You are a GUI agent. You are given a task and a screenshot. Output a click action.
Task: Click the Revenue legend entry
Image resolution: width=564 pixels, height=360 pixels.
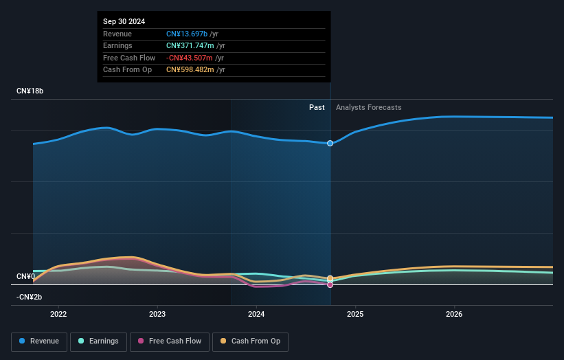[x=39, y=341]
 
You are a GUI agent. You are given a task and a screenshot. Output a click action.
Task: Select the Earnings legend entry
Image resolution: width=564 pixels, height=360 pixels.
[x=98, y=341]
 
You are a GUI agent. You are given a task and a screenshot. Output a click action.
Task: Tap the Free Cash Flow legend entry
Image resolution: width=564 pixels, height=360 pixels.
[x=168, y=341]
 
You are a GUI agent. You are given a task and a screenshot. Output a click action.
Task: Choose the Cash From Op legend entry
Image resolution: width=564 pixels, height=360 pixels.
[x=251, y=341]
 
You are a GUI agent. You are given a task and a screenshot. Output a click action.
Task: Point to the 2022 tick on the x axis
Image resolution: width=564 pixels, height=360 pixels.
[x=58, y=315]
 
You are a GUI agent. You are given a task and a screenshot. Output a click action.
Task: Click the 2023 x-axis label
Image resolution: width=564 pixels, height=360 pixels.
[x=157, y=315]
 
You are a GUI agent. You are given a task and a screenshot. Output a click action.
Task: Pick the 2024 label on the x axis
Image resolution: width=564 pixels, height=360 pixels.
[x=256, y=315]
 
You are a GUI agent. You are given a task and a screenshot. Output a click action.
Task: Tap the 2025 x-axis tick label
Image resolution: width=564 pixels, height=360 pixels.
[x=355, y=315]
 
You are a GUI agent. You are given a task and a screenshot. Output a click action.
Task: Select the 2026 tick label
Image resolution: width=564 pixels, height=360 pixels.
[x=454, y=315]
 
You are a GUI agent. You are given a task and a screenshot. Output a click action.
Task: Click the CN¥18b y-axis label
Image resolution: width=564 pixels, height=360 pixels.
[x=30, y=91]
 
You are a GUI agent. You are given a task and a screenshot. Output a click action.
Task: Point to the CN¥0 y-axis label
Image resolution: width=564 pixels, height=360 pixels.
[x=25, y=276]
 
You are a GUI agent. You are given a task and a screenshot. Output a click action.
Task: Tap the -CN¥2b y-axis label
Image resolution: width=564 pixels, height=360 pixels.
[x=29, y=297]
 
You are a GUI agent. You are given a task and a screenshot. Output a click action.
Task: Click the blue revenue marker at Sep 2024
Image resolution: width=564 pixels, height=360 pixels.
[x=330, y=143]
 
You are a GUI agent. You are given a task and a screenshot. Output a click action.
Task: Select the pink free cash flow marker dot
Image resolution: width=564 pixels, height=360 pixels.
[x=330, y=284]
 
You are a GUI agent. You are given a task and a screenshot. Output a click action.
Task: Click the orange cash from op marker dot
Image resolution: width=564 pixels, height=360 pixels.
[x=330, y=278]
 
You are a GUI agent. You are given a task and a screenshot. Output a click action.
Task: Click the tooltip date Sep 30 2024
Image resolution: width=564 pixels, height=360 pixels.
[x=124, y=22]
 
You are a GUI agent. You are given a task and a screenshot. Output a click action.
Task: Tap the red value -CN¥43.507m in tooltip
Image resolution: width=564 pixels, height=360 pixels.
[x=190, y=58]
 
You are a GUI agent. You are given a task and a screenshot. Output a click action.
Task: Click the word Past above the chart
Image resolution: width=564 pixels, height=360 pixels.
[x=317, y=107]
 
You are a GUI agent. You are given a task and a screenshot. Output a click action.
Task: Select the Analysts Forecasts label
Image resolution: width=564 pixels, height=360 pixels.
[x=368, y=107]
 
